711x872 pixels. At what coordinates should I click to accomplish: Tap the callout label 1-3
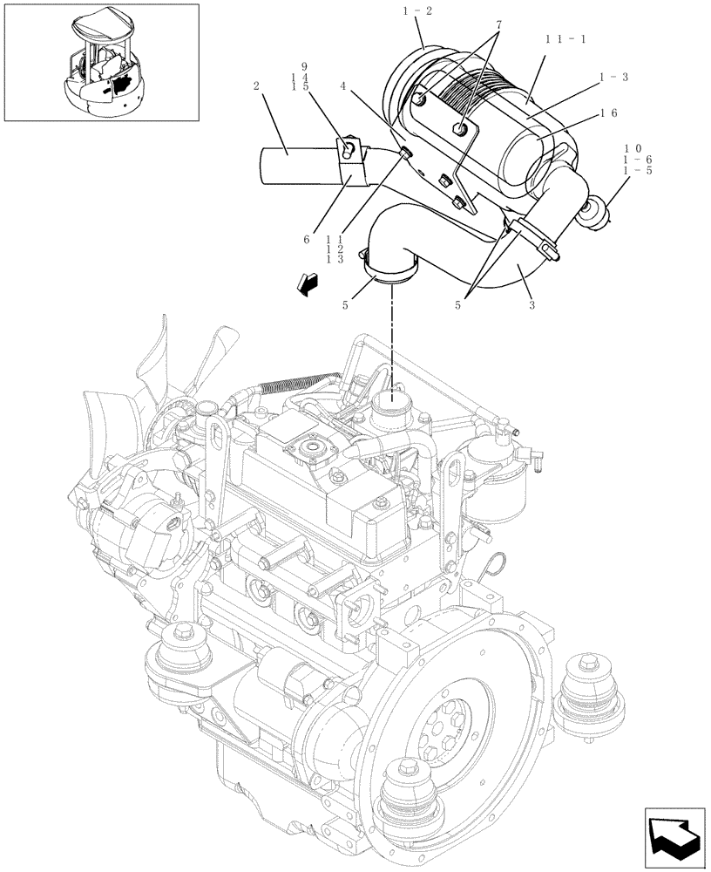pyautogui.click(x=613, y=78)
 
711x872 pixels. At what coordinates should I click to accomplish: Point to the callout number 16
pyautogui.click(x=609, y=113)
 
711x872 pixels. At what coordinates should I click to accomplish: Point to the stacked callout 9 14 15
pyautogui.click(x=304, y=76)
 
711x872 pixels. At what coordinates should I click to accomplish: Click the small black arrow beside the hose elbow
pyautogui.click(x=307, y=282)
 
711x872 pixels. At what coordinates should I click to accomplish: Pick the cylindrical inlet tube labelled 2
pyautogui.click(x=296, y=166)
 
